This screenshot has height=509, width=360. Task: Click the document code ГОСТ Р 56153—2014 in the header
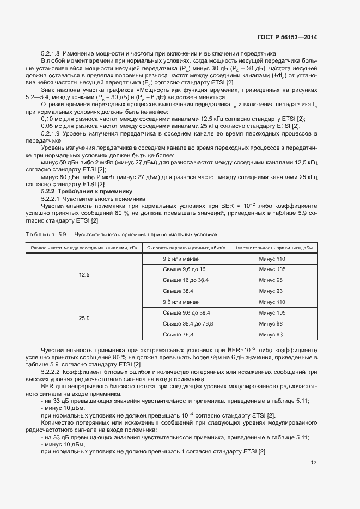[x=287, y=38]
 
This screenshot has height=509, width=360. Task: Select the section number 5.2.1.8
[x=51, y=53]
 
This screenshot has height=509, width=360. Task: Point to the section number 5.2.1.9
[x=51, y=133]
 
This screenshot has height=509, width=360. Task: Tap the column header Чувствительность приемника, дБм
[x=272, y=248]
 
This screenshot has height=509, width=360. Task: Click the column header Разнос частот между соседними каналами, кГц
[x=84, y=248]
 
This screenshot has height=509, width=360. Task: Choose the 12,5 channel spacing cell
[x=84, y=275]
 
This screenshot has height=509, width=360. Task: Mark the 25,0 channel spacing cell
[x=84, y=318]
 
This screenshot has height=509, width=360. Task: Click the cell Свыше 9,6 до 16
[x=184, y=269]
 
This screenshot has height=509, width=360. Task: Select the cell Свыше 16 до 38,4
[x=186, y=280]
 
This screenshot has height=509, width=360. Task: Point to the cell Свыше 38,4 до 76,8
[x=188, y=323]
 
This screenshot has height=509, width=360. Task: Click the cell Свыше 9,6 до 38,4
[x=186, y=312]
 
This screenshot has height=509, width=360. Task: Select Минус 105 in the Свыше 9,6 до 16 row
[x=272, y=269]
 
